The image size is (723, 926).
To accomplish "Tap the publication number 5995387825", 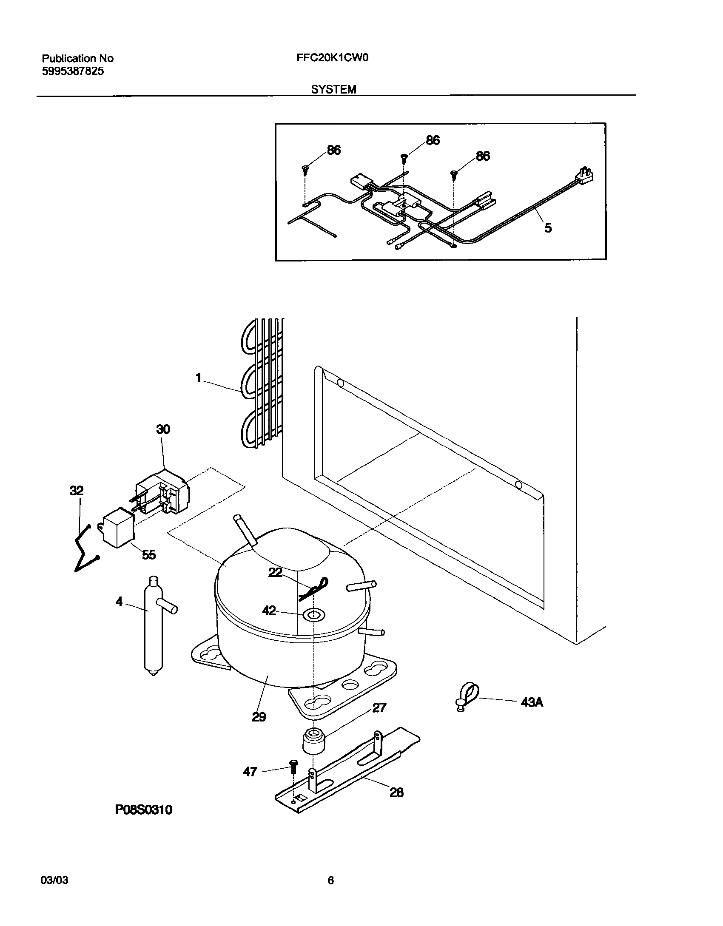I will tap(73, 71).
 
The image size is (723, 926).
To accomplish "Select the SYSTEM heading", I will tap(333, 90).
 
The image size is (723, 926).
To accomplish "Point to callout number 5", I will tap(548, 228).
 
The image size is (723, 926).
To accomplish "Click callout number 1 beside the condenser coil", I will tap(199, 378).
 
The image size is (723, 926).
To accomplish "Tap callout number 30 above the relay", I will tap(163, 429).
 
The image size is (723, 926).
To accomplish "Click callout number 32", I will tap(77, 491).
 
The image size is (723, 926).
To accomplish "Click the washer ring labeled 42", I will tap(313, 614).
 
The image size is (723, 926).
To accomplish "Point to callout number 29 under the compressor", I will tap(259, 717).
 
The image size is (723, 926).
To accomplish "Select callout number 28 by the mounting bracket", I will tap(396, 792).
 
